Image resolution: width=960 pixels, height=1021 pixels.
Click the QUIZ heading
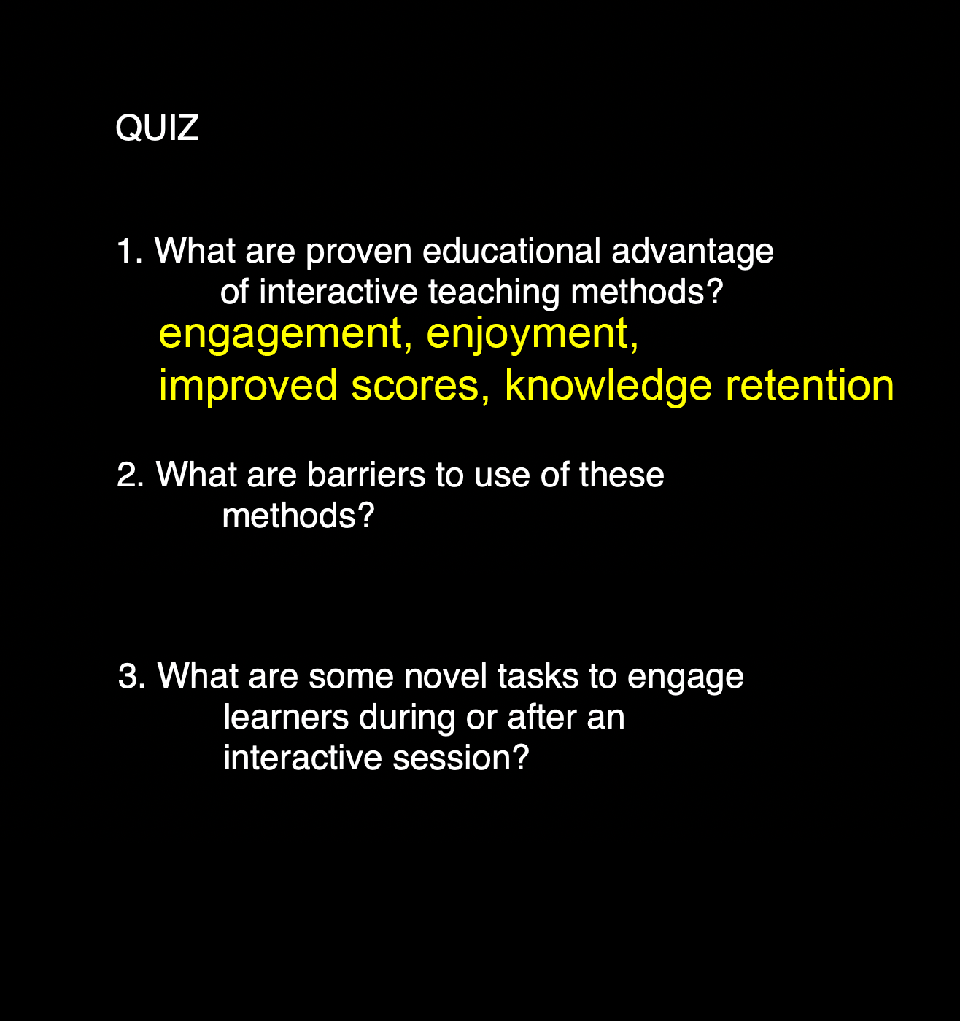point(157,128)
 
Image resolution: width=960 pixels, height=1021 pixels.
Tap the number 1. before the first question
point(130,251)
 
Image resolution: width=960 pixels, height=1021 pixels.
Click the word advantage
point(692,253)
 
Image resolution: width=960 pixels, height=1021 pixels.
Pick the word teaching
point(494,294)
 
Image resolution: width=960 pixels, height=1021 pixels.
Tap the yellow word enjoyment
point(533,335)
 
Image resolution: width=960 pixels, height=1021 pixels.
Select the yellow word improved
point(248,386)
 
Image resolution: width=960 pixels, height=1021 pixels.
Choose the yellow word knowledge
point(608,387)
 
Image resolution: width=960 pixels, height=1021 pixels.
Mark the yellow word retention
point(810,386)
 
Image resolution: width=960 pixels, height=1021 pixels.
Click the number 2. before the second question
point(131,475)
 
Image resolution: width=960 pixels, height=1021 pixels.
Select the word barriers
point(366,474)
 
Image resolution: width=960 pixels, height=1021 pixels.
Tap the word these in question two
point(622,474)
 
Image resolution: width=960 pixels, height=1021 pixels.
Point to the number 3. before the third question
point(132,676)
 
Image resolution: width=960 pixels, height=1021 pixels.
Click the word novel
point(446,675)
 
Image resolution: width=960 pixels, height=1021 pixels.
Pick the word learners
point(286,717)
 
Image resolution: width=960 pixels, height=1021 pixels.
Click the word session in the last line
point(460,758)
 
